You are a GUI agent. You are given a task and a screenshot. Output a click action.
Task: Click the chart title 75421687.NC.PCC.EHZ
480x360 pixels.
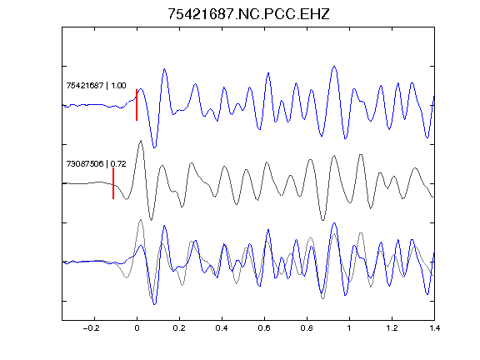point(248,14)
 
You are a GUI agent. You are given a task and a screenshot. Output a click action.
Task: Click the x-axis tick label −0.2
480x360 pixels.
point(91,328)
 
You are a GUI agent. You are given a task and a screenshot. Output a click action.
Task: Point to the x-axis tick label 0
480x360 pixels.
point(137,328)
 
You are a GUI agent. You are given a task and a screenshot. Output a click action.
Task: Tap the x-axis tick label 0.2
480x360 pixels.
point(179,328)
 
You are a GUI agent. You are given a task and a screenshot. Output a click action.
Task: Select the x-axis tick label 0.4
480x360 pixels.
point(222,328)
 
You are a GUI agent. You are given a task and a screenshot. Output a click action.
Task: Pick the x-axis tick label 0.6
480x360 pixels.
point(264,328)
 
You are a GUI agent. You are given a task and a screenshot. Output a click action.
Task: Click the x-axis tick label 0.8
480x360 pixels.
point(307,328)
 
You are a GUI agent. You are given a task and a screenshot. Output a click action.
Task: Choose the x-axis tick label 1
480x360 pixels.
point(349,328)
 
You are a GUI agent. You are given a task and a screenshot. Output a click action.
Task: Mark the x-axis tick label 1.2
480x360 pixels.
point(392,328)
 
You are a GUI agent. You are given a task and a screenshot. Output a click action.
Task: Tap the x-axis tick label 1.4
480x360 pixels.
point(434,328)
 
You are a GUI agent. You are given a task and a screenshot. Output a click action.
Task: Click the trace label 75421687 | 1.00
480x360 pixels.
point(96,85)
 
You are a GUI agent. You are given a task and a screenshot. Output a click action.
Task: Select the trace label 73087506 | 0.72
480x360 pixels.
point(96,164)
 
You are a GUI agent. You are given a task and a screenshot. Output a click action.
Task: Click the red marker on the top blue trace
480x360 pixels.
point(137,105)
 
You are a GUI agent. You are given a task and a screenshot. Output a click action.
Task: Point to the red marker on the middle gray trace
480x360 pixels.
point(113,183)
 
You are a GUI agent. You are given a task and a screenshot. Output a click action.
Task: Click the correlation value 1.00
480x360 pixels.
point(118,85)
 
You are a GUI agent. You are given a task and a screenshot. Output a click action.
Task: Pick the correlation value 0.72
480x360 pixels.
point(118,164)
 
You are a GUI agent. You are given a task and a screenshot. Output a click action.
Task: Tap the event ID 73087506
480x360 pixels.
point(85,164)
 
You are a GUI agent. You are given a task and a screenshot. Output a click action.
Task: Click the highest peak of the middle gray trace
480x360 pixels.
point(141,141)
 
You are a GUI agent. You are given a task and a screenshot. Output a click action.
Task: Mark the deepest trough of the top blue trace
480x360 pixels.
point(155,147)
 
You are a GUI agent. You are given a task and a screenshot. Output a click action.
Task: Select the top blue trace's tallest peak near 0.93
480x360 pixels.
point(334,67)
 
